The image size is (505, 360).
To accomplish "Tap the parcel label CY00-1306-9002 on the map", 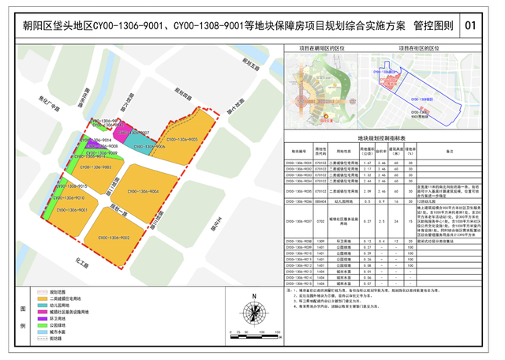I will tap(114, 237).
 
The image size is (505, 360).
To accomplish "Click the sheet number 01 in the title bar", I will tap(473, 26).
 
